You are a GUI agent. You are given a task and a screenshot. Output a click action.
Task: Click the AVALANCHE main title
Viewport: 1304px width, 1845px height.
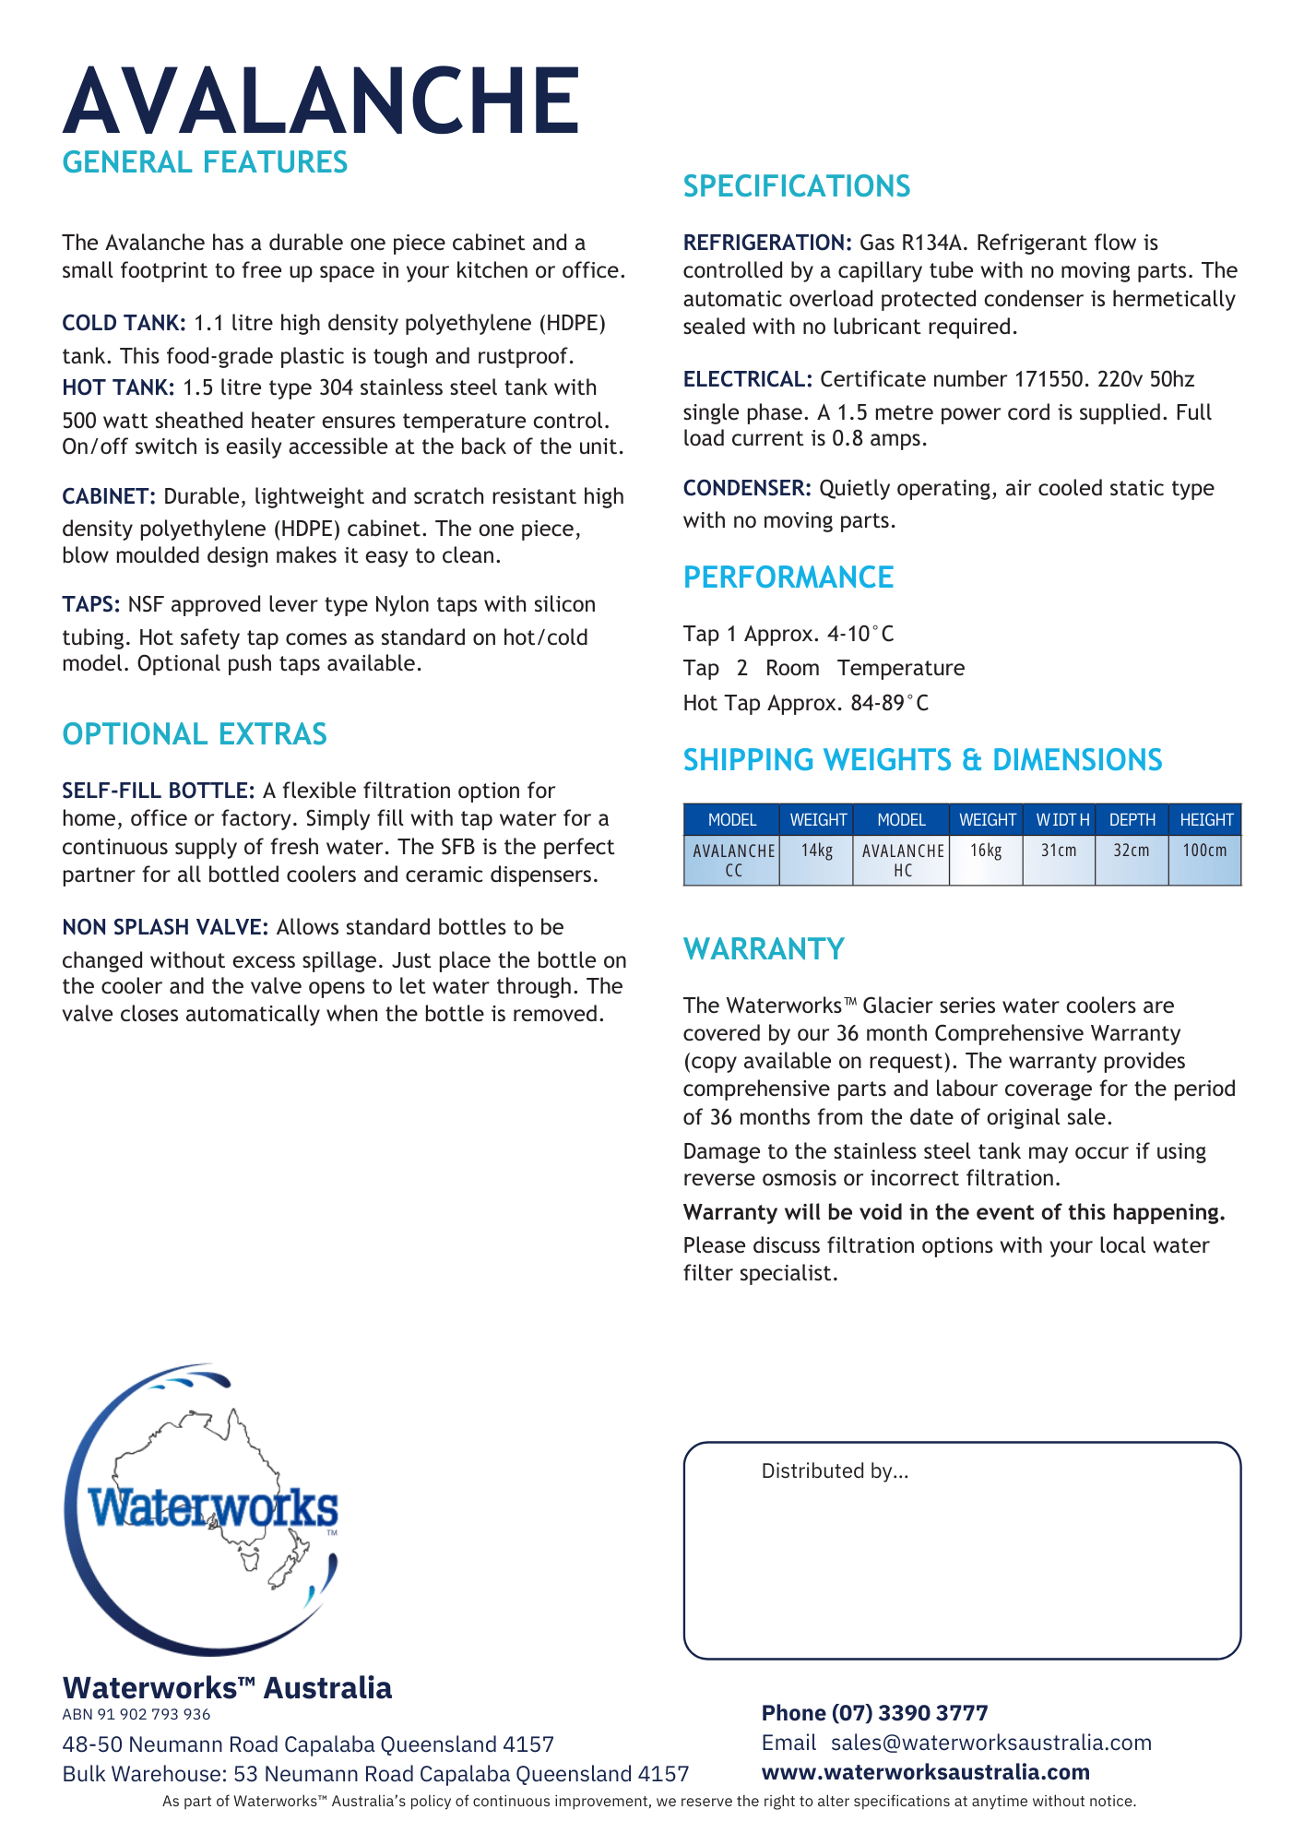pyautogui.click(x=321, y=100)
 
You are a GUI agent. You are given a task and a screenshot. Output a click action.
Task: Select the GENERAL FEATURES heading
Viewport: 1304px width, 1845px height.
pyautogui.click(x=205, y=162)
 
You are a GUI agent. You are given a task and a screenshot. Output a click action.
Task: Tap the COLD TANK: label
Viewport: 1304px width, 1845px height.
pyautogui.click(x=124, y=323)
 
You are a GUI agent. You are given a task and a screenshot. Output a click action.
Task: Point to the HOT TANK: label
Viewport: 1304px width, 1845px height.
pyautogui.click(x=118, y=387)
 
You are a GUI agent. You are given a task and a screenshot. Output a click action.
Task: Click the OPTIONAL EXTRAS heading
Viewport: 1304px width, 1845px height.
pyautogui.click(x=195, y=734)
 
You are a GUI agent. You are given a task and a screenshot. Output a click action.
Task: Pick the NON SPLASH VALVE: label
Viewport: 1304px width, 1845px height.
pyautogui.click(x=165, y=927)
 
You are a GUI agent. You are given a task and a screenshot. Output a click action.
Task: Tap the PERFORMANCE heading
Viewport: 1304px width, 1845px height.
pyautogui.click(x=788, y=577)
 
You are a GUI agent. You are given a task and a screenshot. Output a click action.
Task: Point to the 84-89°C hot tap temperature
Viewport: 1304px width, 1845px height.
pyautogui.click(x=890, y=703)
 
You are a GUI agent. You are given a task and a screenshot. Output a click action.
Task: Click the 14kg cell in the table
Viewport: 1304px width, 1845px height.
pyautogui.click(x=816, y=851)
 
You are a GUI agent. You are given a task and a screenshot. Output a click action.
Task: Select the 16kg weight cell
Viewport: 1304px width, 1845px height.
pyautogui.click(x=986, y=851)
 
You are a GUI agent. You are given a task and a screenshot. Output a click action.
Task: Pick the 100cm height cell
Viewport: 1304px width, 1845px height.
pyautogui.click(x=1204, y=851)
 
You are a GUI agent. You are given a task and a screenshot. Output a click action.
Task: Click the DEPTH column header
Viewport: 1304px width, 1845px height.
pyautogui.click(x=1132, y=820)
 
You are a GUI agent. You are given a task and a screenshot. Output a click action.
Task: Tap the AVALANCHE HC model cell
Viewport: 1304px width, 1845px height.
pyautogui.click(x=902, y=860)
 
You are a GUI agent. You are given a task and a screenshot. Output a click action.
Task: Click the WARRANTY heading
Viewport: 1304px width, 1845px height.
pyautogui.click(x=764, y=949)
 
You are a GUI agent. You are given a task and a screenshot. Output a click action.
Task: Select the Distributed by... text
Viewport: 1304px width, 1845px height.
pyautogui.click(x=835, y=1471)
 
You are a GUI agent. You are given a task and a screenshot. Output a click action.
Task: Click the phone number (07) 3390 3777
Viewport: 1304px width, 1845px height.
pyautogui.click(x=909, y=1713)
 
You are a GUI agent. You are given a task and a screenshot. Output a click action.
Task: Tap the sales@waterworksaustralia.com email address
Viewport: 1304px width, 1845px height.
pyautogui.click(x=991, y=1743)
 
